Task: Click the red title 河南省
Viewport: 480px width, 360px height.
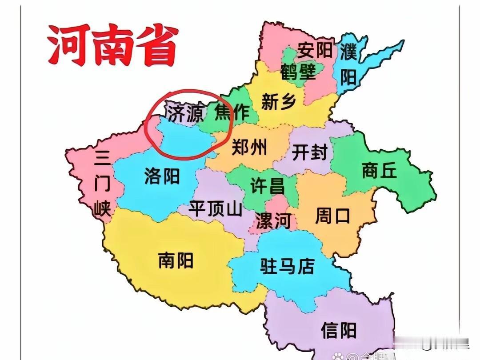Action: tap(112, 45)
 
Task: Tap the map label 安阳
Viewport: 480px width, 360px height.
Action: tap(315, 50)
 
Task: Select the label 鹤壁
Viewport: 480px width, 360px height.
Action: tap(298, 71)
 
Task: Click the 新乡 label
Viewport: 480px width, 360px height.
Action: tap(279, 102)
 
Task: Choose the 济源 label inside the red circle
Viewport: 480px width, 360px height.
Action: tap(185, 113)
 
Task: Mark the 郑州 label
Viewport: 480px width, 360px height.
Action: tap(249, 146)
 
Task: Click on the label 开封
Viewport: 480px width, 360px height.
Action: tap(309, 152)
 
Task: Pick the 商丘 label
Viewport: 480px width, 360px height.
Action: tap(379, 170)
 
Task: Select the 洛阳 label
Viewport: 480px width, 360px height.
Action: tap(162, 176)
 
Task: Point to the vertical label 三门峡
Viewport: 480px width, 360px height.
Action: tap(103, 183)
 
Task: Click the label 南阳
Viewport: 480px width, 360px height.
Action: tap(176, 260)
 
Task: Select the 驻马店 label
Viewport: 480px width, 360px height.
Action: tap(288, 266)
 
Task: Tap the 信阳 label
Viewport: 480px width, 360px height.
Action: tap(339, 330)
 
